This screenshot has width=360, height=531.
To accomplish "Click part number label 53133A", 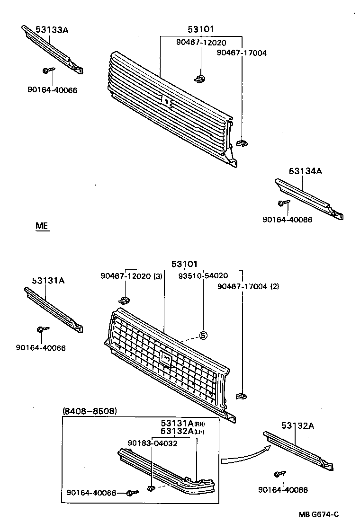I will [52, 30].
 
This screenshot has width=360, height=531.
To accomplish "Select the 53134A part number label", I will [305, 171].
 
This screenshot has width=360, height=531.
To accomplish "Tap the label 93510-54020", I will [203, 276].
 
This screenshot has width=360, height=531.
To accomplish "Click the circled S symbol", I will [203, 336].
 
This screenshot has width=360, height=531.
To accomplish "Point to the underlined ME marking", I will [42, 226].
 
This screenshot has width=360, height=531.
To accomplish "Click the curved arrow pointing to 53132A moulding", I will [243, 456].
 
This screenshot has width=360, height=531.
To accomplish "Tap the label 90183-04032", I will [152, 443].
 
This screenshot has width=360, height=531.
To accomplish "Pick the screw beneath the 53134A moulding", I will [283, 203].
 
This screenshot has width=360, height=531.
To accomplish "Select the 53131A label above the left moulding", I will [48, 281].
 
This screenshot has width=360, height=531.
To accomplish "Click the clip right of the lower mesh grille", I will [241, 395].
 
